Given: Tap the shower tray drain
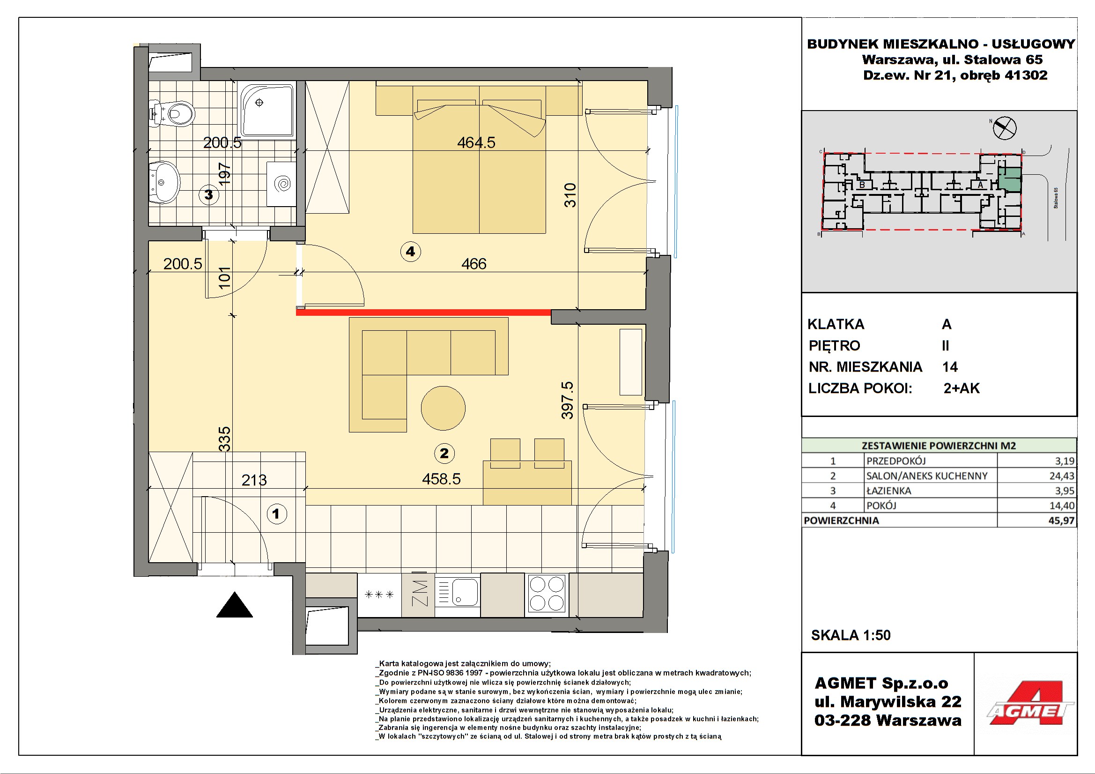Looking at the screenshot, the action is pyautogui.click(x=259, y=103).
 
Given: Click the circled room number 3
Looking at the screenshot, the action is pyautogui.click(x=208, y=195).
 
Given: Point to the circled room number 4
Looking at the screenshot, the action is pyautogui.click(x=410, y=252).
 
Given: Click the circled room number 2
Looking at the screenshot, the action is pyautogui.click(x=444, y=454).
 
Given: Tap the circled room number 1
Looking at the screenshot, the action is pyautogui.click(x=276, y=514).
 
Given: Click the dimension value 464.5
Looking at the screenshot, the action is pyautogui.click(x=476, y=142).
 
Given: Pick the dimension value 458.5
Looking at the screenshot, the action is pyautogui.click(x=441, y=479).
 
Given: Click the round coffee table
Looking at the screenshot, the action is pyautogui.click(x=443, y=408).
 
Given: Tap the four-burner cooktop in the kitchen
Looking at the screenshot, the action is pyautogui.click(x=547, y=594).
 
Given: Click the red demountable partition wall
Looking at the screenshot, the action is pyautogui.click(x=423, y=313).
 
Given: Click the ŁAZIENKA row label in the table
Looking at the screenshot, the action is pyautogui.click(x=888, y=491).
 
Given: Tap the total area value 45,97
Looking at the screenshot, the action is pyautogui.click(x=1061, y=521).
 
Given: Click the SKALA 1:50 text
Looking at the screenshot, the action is pyautogui.click(x=851, y=635).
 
